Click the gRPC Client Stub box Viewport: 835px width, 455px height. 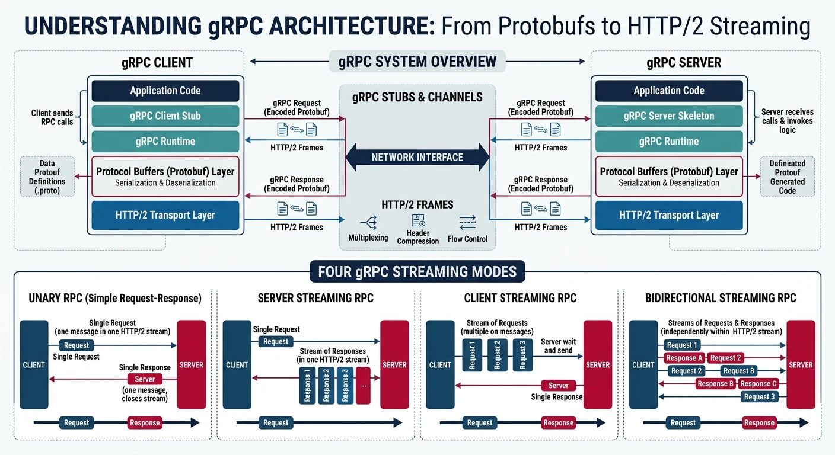(x=165, y=116)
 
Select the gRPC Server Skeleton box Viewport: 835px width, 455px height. (x=668, y=116)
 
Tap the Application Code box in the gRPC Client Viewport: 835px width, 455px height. (x=165, y=91)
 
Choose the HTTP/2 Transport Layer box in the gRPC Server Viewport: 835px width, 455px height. (x=668, y=215)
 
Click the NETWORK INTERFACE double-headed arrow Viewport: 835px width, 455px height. (x=417, y=157)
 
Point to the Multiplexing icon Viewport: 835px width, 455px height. (x=368, y=223)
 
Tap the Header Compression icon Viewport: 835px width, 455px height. (x=417, y=220)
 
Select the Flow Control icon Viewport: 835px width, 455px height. (x=467, y=223)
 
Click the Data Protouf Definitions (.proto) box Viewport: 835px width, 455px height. (x=47, y=177)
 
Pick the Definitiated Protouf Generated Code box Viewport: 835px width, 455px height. (x=787, y=177)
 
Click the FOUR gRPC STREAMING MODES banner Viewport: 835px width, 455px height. (x=417, y=272)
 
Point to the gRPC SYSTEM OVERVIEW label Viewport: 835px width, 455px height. (x=417, y=62)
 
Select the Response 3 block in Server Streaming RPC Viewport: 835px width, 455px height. (x=345, y=385)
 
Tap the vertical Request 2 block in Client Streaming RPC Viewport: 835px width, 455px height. (x=497, y=355)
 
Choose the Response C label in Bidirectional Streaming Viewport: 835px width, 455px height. (x=755, y=384)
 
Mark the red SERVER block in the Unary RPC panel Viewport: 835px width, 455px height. (x=191, y=364)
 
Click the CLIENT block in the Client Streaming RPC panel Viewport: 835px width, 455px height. (x=440, y=364)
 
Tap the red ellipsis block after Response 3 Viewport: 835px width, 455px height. (x=363, y=385)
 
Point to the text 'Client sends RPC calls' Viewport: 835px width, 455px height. (x=53, y=117)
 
